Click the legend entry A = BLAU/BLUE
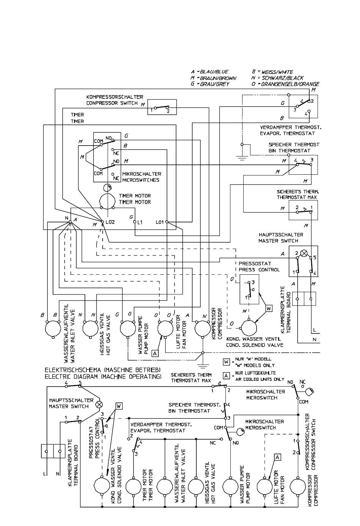(210, 72)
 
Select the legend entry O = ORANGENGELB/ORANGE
(285, 84)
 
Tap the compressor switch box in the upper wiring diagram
(162, 107)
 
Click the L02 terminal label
(110, 222)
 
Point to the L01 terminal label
(160, 222)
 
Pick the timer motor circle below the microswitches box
(108, 201)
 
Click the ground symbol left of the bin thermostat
(242, 158)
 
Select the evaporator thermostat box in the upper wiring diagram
(303, 106)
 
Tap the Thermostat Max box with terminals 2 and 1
(303, 211)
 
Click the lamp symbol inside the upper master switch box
(304, 254)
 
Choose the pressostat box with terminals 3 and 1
(249, 290)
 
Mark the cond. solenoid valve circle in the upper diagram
(249, 328)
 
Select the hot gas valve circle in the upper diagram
(91, 329)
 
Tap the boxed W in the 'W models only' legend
(226, 362)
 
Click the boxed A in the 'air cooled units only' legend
(226, 376)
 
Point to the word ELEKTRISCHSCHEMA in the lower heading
(73, 370)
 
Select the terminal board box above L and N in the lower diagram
(53, 451)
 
